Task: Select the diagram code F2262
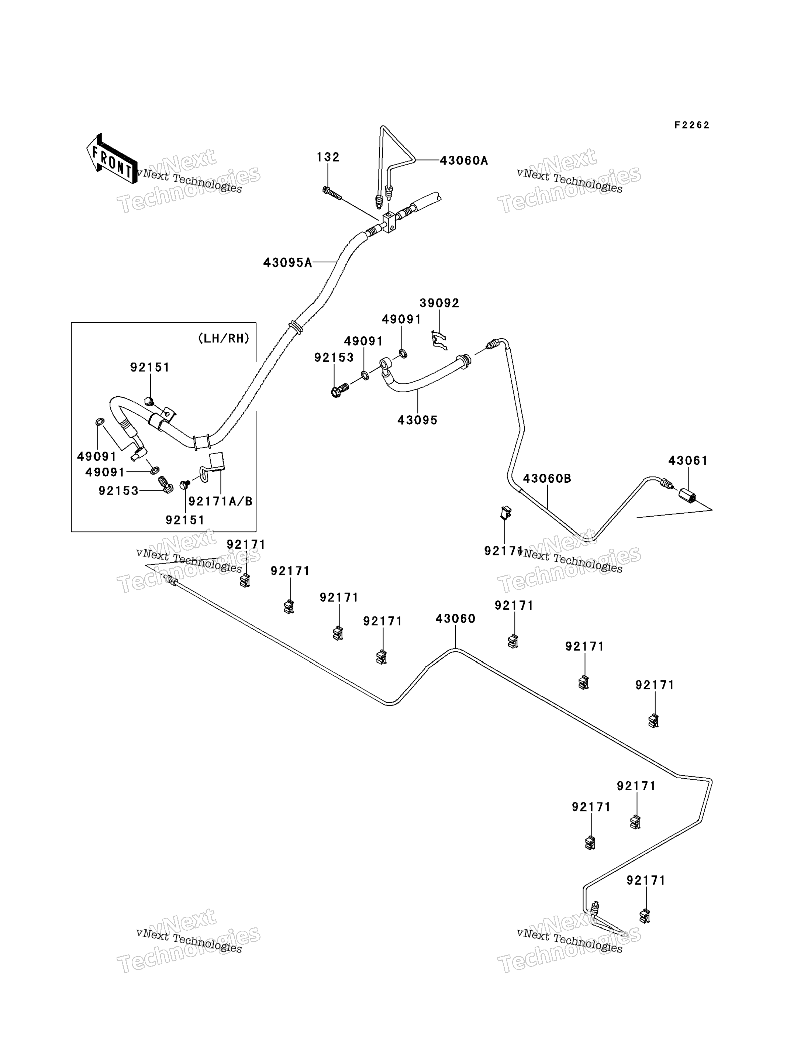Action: tap(692, 125)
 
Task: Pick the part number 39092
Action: tap(439, 303)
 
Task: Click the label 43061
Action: tap(688, 461)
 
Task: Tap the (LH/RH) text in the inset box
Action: tap(224, 338)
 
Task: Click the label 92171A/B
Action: tap(220, 501)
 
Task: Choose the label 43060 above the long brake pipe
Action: tap(455, 619)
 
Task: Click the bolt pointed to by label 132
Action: tap(332, 193)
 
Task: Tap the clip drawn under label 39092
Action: tap(439, 340)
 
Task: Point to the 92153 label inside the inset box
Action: tap(118, 491)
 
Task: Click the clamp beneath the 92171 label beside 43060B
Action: tap(505, 512)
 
